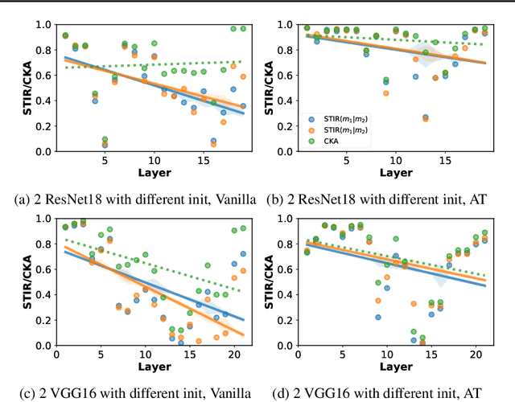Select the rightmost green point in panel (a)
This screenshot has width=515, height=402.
[x=243, y=29]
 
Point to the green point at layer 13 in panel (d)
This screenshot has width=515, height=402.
[x=414, y=331]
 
